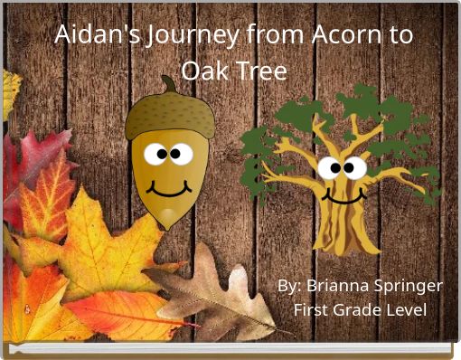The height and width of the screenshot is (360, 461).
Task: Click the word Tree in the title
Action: [264, 70]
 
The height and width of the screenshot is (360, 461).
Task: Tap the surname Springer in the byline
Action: [410, 286]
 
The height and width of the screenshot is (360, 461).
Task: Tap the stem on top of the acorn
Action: [169, 85]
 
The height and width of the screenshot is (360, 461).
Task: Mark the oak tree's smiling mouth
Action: [338, 195]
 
